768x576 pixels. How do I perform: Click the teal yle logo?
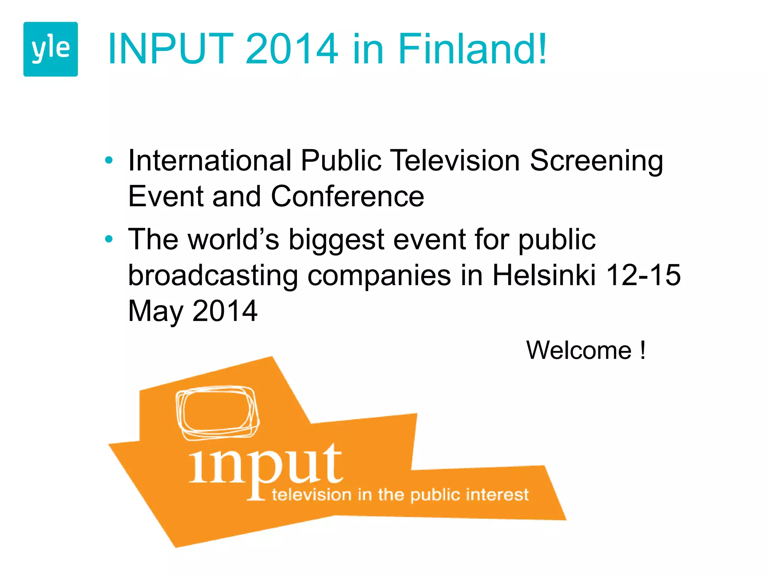click(51, 49)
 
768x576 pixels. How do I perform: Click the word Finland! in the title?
click(472, 49)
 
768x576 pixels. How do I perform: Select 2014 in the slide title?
click(292, 49)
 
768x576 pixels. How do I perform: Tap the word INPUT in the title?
click(171, 49)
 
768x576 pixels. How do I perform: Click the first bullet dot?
click(109, 160)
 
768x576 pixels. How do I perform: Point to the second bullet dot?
click(109, 239)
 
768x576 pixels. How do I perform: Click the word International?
click(210, 160)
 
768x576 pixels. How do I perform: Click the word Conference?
click(347, 196)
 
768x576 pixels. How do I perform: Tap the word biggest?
click(336, 240)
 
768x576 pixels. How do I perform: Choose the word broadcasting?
click(213, 276)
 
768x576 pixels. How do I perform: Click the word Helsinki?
click(544, 275)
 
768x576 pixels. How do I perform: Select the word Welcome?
click(579, 350)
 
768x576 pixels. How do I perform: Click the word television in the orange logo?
click(312, 495)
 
